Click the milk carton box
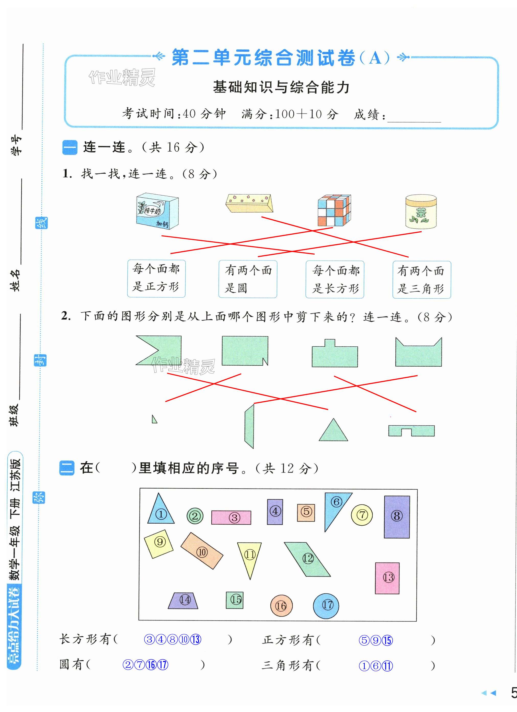pyautogui.click(x=157, y=211)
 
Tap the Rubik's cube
pyautogui.click(x=334, y=210)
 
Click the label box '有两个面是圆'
pyautogui.click(x=248, y=279)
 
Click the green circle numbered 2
pyautogui.click(x=195, y=516)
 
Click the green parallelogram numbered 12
pyautogui.click(x=307, y=559)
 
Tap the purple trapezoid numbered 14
pyautogui.click(x=183, y=601)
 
